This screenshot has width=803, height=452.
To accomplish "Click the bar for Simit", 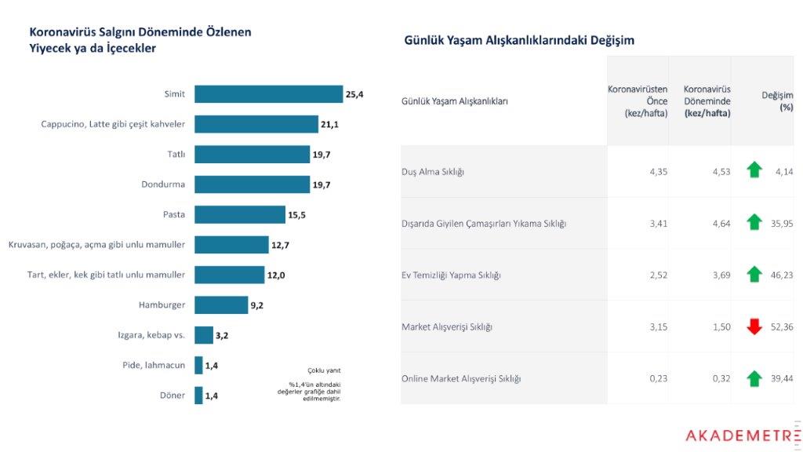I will point(268,94).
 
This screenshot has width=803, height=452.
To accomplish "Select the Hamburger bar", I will point(221,304).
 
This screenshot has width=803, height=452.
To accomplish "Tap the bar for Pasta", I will point(240,214).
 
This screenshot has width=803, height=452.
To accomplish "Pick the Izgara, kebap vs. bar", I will point(204,335).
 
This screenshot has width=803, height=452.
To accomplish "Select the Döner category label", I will point(173,395).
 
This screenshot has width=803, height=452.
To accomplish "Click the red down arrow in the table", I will point(754,326).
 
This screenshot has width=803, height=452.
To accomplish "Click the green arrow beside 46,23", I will point(754,275).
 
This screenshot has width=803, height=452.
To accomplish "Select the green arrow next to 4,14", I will point(754,169).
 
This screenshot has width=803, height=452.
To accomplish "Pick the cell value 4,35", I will point(657,171).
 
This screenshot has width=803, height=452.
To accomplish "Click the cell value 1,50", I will point(721,326).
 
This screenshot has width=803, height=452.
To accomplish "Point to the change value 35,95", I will point(781,223).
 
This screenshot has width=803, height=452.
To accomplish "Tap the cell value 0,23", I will point(657,378).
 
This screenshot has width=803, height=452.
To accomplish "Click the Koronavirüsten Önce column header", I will point(638,100).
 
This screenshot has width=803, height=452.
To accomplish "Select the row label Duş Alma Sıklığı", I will point(433,171).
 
